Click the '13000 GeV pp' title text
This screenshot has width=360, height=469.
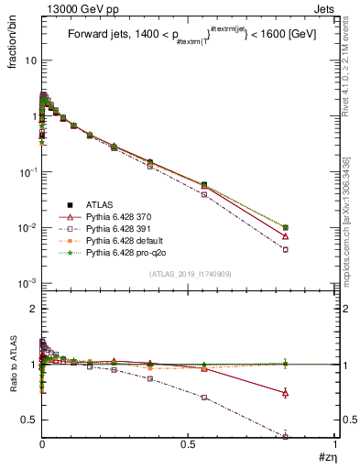[x=72, y=7]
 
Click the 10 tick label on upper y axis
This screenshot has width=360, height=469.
[x=28, y=60]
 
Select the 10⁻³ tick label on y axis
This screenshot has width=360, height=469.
[x=27, y=283]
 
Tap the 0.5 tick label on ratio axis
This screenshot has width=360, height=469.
[x=28, y=420]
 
